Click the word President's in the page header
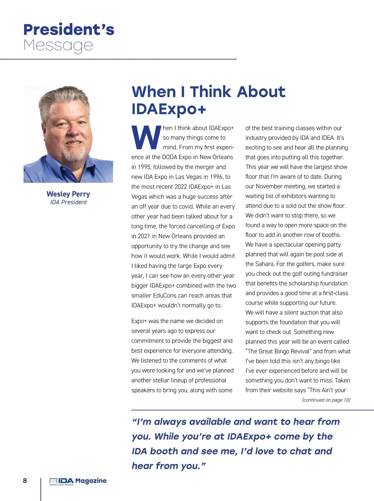coord(69,30)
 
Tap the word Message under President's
coord(58,46)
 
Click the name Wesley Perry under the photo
coord(68,194)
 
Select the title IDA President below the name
coord(69,202)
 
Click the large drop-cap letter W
coord(146,138)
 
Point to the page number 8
coord(25,480)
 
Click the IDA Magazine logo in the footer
coord(78,481)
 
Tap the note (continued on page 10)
coord(326,400)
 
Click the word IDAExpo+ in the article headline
coord(169,109)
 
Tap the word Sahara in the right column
coord(265,264)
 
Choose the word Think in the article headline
coord(215,92)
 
